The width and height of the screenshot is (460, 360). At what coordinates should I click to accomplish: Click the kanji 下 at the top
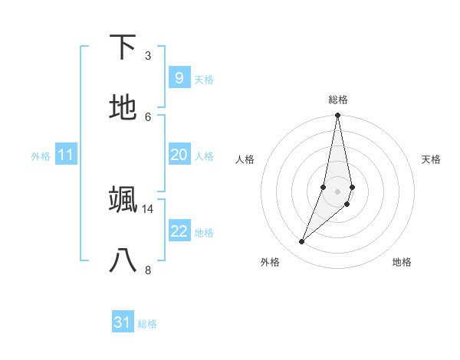click(x=123, y=47)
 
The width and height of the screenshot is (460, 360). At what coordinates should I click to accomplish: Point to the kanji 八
click(x=123, y=260)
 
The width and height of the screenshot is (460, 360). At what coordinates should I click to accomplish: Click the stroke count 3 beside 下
click(x=147, y=56)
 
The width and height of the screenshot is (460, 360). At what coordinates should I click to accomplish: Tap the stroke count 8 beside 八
click(x=147, y=269)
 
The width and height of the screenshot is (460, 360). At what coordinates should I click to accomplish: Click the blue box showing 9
click(x=179, y=78)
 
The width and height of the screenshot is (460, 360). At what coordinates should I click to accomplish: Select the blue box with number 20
click(x=179, y=155)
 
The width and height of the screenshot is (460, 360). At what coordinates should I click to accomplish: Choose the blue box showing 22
click(x=179, y=231)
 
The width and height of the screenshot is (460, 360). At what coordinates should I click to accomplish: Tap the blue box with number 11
click(x=66, y=155)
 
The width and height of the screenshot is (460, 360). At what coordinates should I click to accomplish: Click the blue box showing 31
click(x=123, y=322)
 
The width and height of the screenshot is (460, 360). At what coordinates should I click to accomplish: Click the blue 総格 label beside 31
click(x=147, y=324)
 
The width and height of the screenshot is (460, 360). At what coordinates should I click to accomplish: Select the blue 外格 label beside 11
click(x=41, y=156)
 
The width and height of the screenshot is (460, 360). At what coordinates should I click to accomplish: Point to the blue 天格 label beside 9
click(x=204, y=80)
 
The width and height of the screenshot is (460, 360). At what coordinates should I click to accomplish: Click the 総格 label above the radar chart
click(x=338, y=100)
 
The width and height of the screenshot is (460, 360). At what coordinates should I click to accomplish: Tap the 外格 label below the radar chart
click(x=270, y=262)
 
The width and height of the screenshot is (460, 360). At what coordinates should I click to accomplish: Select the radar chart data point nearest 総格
click(x=337, y=116)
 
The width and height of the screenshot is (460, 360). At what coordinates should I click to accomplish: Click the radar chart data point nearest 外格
click(x=301, y=242)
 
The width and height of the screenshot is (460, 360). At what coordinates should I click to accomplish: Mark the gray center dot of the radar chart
click(x=337, y=191)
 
